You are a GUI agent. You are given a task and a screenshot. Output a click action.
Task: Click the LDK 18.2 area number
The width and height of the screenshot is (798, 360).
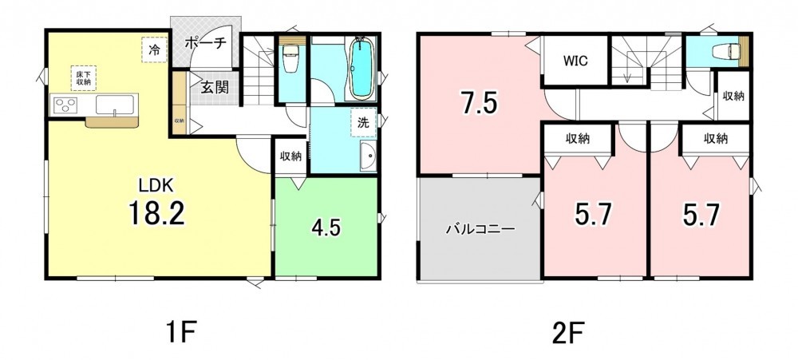click(156, 212)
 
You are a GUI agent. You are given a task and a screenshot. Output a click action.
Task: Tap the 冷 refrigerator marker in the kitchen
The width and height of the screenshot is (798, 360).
click(154, 49)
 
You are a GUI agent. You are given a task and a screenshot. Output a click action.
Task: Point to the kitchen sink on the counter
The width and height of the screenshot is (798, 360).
click(116, 105)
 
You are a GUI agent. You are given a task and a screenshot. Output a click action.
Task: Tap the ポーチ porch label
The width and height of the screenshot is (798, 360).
click(205, 43)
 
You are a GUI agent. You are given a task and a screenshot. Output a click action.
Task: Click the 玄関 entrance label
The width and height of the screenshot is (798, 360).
click(214, 88)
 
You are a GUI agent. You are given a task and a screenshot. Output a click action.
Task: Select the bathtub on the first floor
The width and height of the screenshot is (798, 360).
click(361, 68)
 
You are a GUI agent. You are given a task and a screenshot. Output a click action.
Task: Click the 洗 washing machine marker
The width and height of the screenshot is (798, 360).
click(363, 122)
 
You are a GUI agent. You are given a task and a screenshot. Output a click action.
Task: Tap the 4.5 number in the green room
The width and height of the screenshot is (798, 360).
click(326, 227)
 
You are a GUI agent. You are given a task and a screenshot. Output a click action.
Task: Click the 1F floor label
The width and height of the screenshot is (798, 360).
click(180, 334)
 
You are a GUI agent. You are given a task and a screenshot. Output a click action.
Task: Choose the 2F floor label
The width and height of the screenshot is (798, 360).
click(567, 334)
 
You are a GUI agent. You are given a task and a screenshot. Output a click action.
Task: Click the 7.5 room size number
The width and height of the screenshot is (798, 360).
click(479, 104)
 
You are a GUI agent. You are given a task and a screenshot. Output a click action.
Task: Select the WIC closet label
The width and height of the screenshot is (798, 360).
click(575, 61)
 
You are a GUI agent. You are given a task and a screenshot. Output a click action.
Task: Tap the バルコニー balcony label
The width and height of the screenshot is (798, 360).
click(480, 228)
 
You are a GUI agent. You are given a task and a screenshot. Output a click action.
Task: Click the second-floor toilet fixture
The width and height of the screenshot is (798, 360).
click(727, 51)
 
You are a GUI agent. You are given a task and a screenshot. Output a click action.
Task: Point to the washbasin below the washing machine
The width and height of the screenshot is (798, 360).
click(367, 155)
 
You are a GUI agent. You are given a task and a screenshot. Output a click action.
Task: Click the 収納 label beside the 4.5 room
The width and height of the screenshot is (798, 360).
click(290, 156)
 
